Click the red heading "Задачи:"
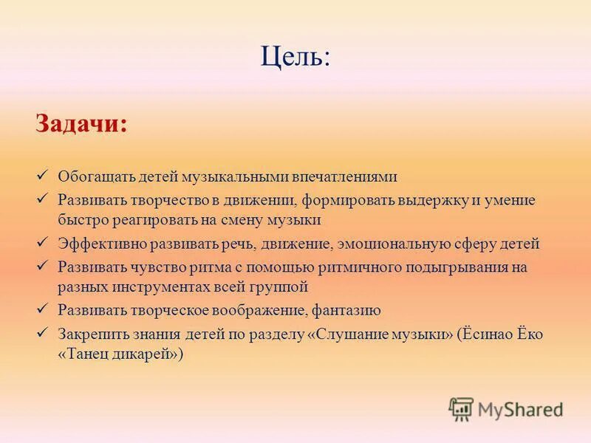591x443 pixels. point(81,123)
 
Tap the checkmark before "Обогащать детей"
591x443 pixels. point(42,175)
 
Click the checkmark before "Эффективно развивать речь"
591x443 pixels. point(42,241)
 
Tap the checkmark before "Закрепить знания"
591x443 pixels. point(42,332)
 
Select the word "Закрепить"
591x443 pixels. point(89,334)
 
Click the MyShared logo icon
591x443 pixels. point(461,409)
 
